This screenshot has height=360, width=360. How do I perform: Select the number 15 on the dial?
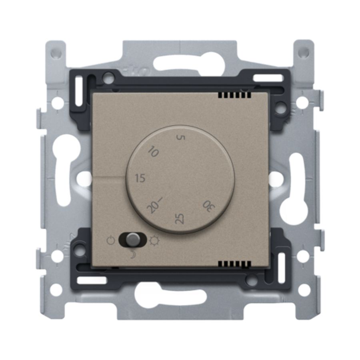[x=140, y=178]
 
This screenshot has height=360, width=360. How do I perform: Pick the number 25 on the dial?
[x=180, y=218]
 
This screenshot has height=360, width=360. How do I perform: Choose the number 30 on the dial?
[x=208, y=206]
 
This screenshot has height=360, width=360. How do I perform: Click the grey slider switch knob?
[x=132, y=240]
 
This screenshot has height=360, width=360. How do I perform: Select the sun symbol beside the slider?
[x=153, y=241]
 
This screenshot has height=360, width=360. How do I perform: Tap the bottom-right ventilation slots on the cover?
[x=235, y=264]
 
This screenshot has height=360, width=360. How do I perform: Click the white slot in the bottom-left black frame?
[x=92, y=280]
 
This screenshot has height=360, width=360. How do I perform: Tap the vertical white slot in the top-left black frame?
[x=80, y=89]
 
